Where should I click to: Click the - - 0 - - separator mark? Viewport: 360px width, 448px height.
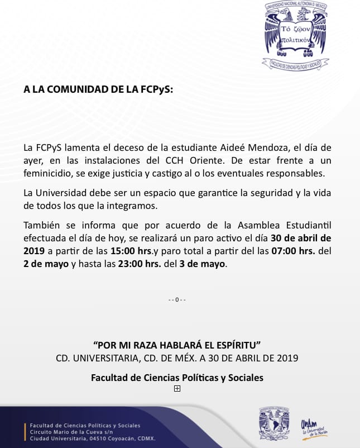(177, 300)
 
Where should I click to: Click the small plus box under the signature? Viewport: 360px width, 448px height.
(177, 389)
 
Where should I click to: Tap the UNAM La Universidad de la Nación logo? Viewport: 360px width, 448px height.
(313, 427)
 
